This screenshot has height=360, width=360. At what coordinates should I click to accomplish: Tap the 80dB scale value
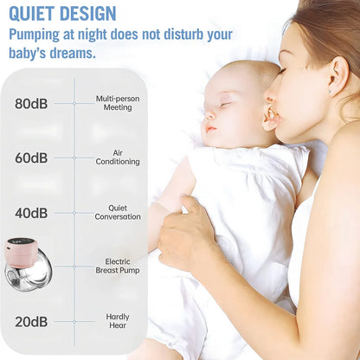[x=31, y=104]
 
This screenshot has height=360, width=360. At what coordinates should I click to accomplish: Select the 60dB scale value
[x=31, y=158]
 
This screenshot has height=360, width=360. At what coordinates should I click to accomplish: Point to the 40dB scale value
[x=31, y=213]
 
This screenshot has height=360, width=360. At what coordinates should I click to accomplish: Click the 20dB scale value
[x=31, y=322]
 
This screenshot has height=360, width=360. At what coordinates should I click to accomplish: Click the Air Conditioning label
[x=118, y=157]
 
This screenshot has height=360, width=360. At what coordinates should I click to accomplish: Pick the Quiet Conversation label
[x=118, y=212]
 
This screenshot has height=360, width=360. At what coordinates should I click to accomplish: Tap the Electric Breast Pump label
[x=118, y=266]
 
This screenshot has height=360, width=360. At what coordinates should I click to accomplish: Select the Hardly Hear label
[x=118, y=321]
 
